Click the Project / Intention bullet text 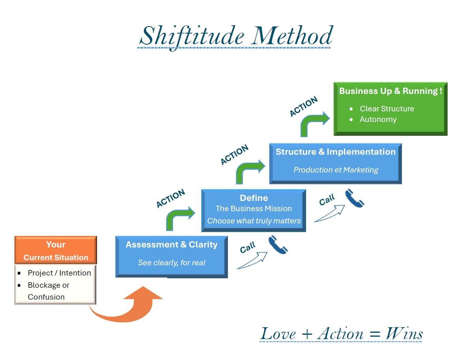point(59,273)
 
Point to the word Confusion point(46,297)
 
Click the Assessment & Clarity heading point(172,245)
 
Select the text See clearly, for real point(172,262)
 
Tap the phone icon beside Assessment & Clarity point(278,245)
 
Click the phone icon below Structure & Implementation point(354,199)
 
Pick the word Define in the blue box point(254,198)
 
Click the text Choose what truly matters point(254,221)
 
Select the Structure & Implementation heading point(335,152)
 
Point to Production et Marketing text point(335,170)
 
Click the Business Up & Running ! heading point(390,91)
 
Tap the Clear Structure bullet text point(387,109)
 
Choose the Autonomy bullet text point(378,119)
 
